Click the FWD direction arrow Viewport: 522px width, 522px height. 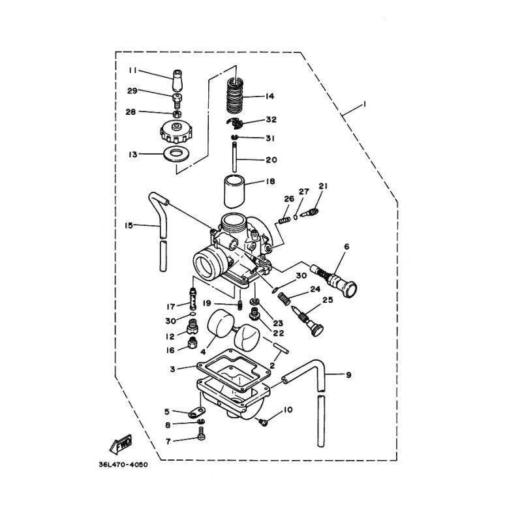click(x=121, y=444)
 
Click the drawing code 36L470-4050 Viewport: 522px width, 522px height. click(x=123, y=465)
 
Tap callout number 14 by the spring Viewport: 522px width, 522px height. click(x=269, y=97)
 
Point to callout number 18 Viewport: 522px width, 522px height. click(x=270, y=181)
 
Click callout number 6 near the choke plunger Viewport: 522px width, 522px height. click(x=346, y=247)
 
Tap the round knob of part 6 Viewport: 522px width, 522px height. click(x=349, y=287)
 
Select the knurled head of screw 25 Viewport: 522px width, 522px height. click(x=318, y=330)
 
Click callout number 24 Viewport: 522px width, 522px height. click(x=315, y=289)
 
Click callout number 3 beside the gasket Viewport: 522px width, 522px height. click(x=172, y=369)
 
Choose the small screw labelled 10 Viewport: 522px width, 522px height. click(x=264, y=422)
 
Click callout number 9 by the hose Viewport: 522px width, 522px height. click(x=348, y=375)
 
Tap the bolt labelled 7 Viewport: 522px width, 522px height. click(x=201, y=435)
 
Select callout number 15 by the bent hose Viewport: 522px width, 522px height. click(x=129, y=225)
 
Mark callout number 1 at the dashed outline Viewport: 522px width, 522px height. click(x=365, y=104)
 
